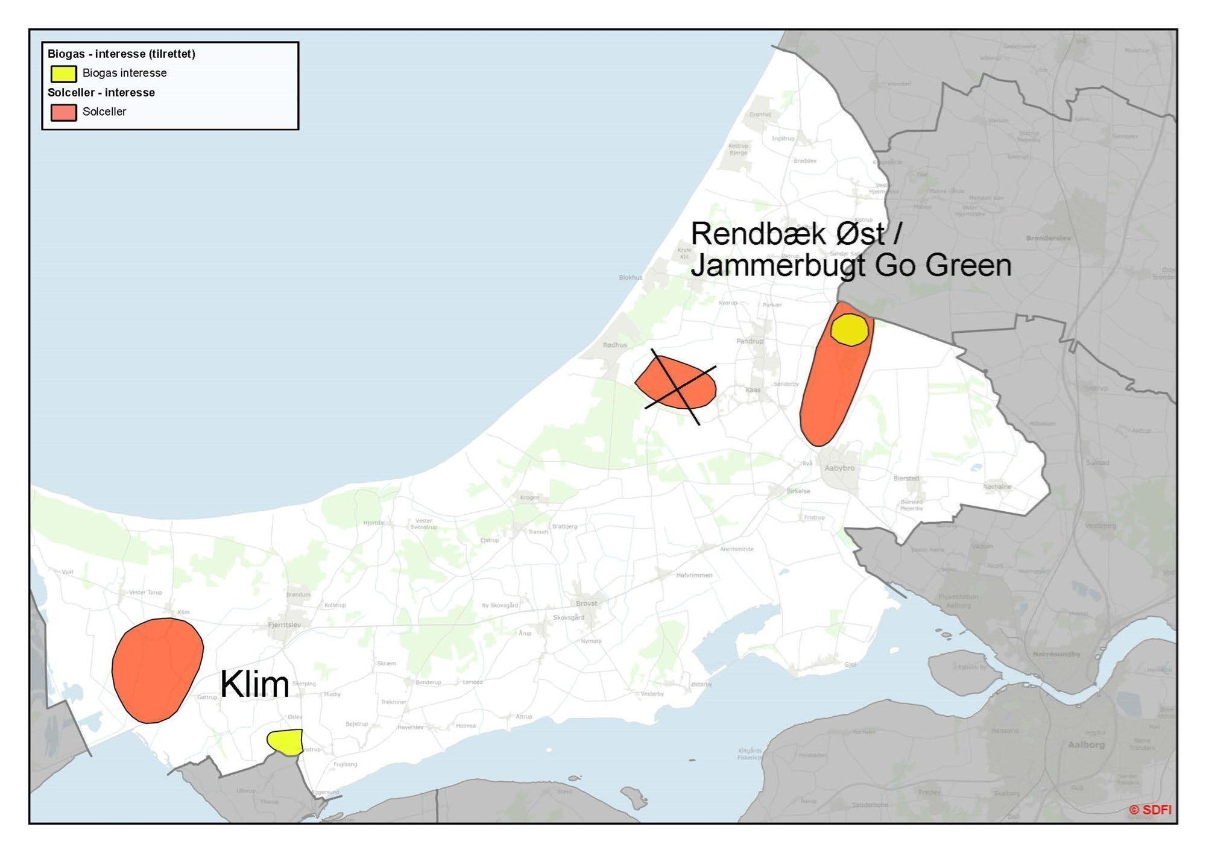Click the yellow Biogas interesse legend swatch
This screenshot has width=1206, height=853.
click(x=63, y=74)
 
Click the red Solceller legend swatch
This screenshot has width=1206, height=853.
click(x=63, y=112)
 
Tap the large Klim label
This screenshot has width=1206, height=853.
click(x=254, y=685)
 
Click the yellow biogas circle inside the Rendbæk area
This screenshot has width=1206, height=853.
click(x=849, y=330)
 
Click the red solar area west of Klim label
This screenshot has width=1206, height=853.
click(x=157, y=669)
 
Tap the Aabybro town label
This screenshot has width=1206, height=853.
click(x=839, y=468)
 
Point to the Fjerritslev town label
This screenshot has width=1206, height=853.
click(x=284, y=625)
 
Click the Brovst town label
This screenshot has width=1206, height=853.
click(x=586, y=603)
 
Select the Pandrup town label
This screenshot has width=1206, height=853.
click(x=750, y=341)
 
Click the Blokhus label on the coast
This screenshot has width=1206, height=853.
click(x=630, y=278)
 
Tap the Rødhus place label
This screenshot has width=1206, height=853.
click(x=615, y=345)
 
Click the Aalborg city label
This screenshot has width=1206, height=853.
click(x=1086, y=745)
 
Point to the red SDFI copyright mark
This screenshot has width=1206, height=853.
click(x=1150, y=810)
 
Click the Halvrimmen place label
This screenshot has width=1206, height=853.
click(x=694, y=575)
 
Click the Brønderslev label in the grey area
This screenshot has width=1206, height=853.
click(x=1048, y=239)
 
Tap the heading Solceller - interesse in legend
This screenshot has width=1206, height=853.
click(x=101, y=93)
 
